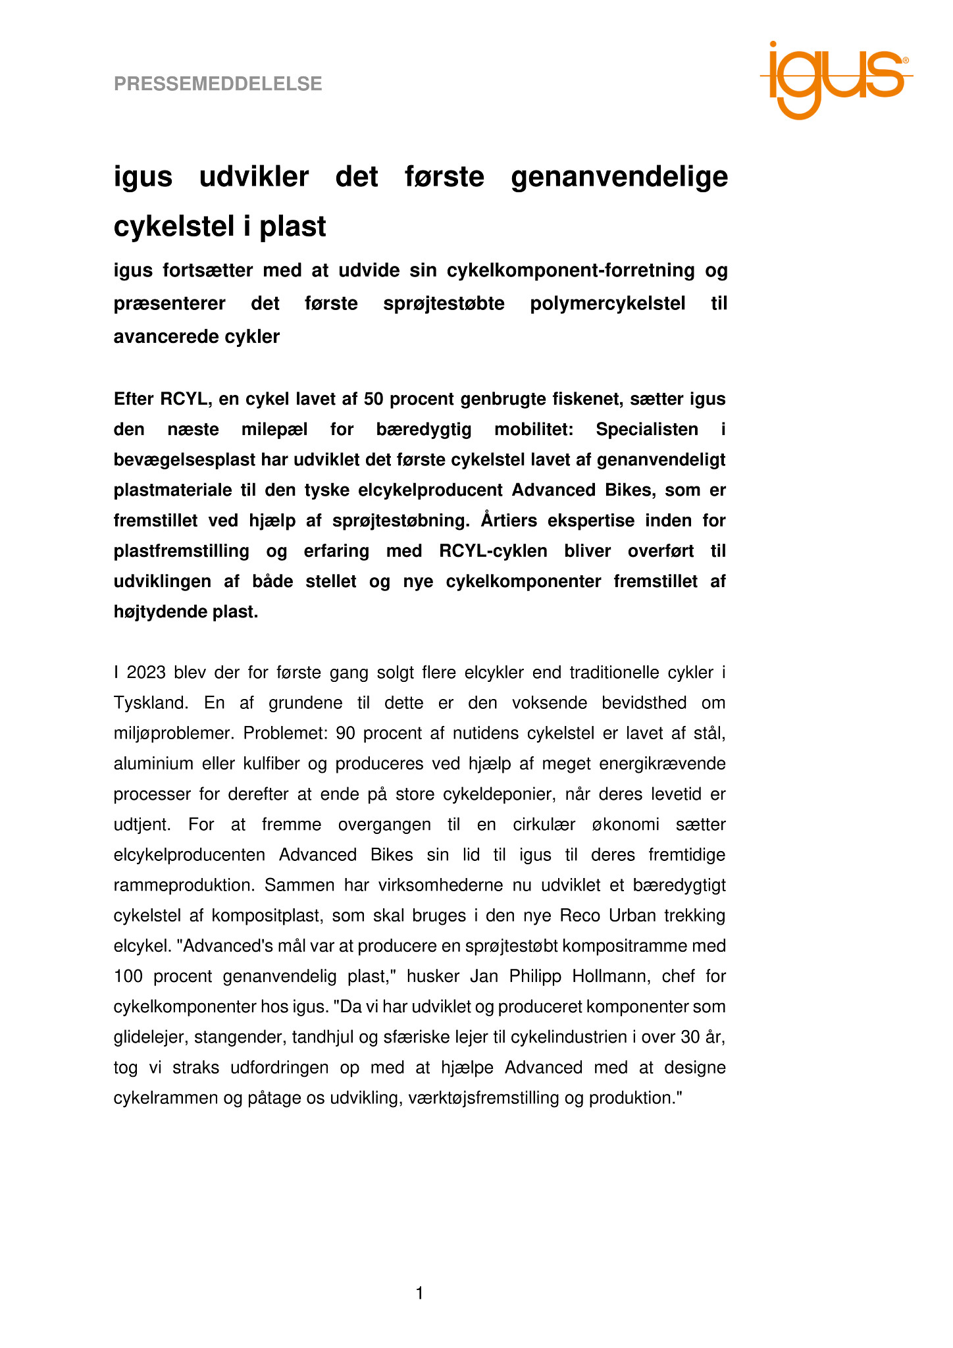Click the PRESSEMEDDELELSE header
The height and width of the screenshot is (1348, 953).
[x=218, y=84]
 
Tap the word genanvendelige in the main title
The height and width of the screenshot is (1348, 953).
[x=619, y=177]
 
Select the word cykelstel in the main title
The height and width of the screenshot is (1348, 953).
[x=172, y=227]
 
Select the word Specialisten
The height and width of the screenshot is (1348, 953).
[x=647, y=429]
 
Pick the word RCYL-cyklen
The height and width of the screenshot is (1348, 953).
[x=493, y=551]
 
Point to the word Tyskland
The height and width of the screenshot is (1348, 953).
[x=151, y=703]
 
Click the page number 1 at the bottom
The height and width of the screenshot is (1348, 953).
[x=420, y=1293]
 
